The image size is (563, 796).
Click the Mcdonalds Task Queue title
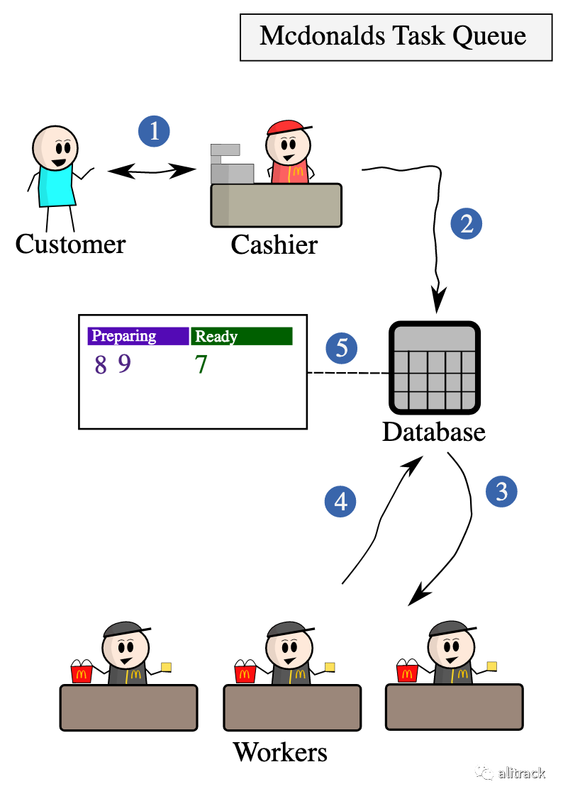click(394, 36)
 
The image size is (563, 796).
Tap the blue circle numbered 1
click(154, 131)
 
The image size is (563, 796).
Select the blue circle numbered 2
click(466, 224)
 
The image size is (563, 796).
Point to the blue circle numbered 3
click(501, 491)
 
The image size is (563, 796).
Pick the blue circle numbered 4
click(340, 502)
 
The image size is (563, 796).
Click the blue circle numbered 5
click(341, 348)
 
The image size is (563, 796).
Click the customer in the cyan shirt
click(55, 167)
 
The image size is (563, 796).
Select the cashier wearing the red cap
click(289, 153)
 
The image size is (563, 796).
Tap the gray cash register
click(231, 164)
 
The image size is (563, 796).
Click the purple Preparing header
click(138, 336)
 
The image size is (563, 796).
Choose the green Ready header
click(242, 336)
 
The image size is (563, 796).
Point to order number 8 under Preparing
click(101, 365)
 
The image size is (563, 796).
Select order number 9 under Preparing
click(125, 364)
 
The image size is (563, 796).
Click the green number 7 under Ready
click(201, 365)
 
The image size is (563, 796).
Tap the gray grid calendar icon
click(434, 368)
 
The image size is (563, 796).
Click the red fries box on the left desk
click(82, 674)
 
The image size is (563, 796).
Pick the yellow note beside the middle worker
click(330, 666)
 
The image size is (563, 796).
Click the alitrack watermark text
click(521, 773)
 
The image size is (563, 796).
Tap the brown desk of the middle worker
click(292, 707)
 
